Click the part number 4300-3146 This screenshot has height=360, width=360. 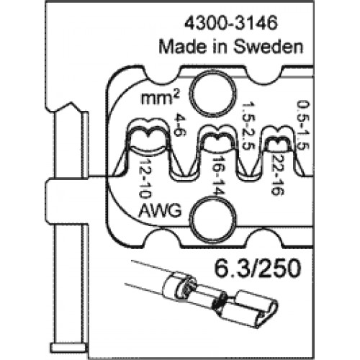(x=230, y=23)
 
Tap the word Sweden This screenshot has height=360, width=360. (x=268, y=47)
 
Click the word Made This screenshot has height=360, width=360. (x=184, y=47)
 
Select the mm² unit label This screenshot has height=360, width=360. (x=161, y=98)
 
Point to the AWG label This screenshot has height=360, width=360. (x=161, y=211)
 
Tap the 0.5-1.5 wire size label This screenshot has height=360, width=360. (x=303, y=125)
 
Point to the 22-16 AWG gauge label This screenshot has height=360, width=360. (x=277, y=175)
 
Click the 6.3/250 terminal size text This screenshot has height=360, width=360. (x=257, y=268)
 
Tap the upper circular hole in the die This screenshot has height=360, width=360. (x=212, y=92)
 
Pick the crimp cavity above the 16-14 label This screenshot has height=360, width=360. (x=218, y=140)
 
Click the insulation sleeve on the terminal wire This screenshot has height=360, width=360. (x=177, y=285)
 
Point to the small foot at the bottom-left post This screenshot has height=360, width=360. (x=68, y=348)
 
